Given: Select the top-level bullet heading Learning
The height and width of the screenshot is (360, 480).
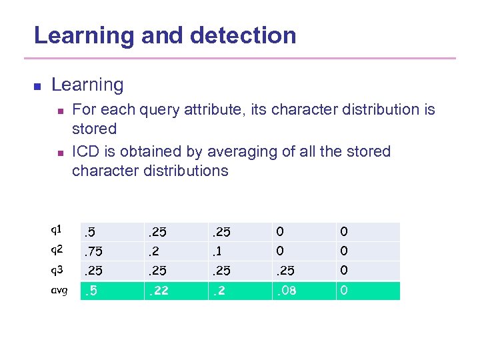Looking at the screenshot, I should coord(87,85).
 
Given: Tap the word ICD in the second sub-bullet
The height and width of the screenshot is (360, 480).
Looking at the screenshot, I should coord(86,152).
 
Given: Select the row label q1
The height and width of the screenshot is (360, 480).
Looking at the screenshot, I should coord(57,230).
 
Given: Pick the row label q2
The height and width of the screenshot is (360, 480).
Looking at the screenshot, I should coord(57,251).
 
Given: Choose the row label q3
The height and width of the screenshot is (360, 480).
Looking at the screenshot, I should coord(57,271).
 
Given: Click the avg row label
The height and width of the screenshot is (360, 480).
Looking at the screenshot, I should coord(58,291).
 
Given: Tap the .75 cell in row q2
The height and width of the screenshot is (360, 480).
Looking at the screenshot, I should coord(94,251).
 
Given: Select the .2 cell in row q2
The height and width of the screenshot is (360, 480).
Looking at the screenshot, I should coord(155,251).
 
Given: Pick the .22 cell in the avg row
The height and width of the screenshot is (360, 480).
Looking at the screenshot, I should coord(158,291).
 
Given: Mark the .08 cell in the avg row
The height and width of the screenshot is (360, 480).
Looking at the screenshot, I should coord(287,291).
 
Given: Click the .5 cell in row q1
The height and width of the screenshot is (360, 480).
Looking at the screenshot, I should coord(90,232).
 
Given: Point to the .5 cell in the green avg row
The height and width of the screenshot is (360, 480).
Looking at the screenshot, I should coord(90,291).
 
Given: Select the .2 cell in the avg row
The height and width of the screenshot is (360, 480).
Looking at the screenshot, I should coord(219,291).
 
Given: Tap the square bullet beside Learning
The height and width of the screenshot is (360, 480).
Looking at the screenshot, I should coord(37,86).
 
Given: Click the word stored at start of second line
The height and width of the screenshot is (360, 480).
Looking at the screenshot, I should coord(94,129).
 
